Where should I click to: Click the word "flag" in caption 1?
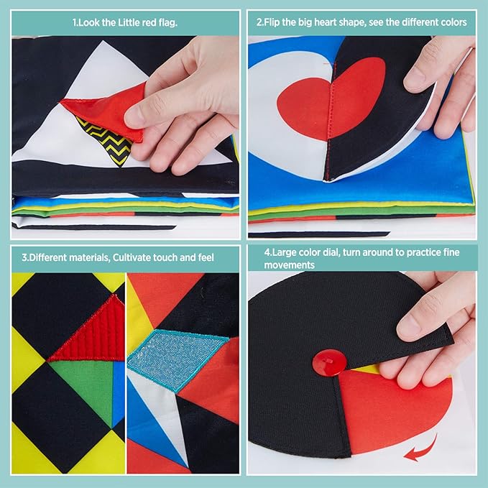pyautogui.click(x=168, y=23)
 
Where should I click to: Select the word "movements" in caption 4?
pyautogui.click(x=290, y=265)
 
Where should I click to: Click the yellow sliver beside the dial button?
pyautogui.click(x=367, y=369)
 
